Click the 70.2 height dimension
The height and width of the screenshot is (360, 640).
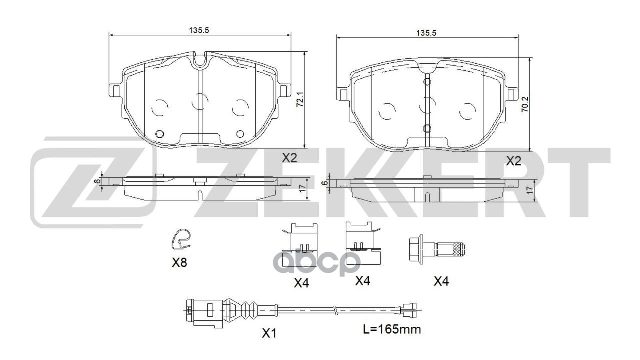click(525, 104)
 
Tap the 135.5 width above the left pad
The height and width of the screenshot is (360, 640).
click(199, 30)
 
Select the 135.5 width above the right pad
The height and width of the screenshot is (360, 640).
click(426, 33)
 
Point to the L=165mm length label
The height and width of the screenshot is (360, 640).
click(392, 329)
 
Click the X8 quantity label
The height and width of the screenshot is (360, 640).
click(179, 263)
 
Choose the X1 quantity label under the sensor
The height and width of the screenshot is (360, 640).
click(269, 333)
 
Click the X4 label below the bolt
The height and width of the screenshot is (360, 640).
click(441, 281)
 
